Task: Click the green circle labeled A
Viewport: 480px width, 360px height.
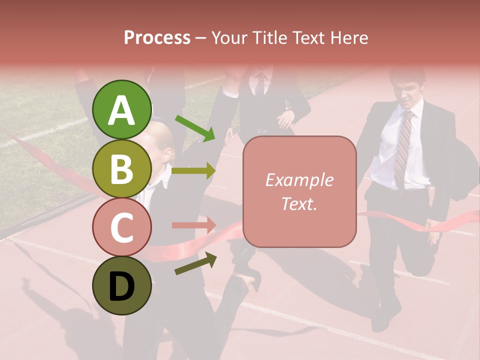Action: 122,110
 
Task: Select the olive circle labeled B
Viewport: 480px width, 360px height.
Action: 122,168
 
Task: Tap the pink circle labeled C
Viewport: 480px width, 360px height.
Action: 122,227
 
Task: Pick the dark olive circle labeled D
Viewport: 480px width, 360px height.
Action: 122,285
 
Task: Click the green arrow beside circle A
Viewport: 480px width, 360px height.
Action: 194,127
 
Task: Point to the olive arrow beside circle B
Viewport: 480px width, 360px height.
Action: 193,171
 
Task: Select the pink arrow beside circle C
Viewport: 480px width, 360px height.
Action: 193,225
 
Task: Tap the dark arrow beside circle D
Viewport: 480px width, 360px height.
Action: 195,263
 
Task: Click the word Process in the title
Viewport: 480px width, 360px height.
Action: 157,37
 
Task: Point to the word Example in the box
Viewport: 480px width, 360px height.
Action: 299,180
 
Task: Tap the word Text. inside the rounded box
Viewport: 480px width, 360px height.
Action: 299,203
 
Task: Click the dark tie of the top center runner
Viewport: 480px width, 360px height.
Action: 260,85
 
